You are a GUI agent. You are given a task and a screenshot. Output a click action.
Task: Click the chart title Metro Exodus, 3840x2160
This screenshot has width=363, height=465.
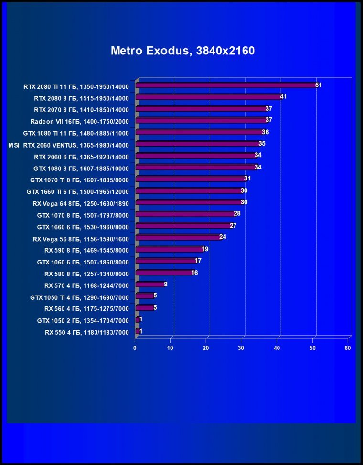[x=182, y=51]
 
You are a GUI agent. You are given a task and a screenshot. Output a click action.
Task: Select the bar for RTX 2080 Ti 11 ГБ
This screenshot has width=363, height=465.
[x=225, y=85]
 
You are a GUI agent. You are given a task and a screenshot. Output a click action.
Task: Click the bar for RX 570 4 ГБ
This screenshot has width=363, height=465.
[x=149, y=285]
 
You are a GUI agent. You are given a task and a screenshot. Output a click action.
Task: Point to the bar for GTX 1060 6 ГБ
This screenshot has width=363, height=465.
[x=165, y=261]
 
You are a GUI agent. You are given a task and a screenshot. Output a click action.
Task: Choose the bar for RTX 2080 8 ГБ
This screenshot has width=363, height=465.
[x=208, y=97]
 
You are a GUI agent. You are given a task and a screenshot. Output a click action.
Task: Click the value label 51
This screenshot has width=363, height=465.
[x=319, y=85]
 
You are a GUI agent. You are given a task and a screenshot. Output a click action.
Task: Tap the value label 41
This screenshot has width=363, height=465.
[x=283, y=96]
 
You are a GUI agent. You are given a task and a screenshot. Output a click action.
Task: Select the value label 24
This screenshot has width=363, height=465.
[x=223, y=237]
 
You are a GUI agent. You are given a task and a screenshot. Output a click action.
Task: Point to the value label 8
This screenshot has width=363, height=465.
[x=166, y=284]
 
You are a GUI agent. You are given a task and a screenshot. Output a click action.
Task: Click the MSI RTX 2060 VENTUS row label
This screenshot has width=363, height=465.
[x=69, y=144]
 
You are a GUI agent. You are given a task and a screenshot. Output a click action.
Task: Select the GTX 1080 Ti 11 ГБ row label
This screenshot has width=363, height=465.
[x=76, y=133]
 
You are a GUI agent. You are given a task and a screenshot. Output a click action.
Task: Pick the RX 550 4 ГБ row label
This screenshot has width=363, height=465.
[x=86, y=332]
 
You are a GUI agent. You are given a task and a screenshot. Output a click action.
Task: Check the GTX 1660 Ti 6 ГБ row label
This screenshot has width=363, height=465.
[x=78, y=191]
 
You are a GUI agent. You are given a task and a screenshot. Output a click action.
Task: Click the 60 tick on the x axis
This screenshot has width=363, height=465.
[x=348, y=348]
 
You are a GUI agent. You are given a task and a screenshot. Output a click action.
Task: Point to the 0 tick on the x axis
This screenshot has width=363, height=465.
[x=135, y=348]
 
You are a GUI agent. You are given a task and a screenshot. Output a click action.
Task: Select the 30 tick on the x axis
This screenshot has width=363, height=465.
[x=242, y=348]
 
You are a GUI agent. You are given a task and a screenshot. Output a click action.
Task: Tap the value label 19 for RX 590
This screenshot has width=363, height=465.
[x=205, y=249]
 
